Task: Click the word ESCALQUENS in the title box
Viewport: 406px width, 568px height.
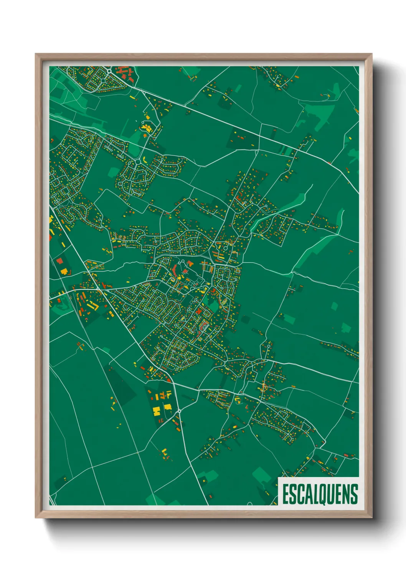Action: (320, 494)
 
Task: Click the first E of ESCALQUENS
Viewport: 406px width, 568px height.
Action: (286, 494)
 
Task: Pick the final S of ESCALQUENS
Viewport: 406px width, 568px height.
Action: (354, 494)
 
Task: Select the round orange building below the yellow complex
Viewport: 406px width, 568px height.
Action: (145, 135)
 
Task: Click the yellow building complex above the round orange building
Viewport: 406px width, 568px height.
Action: (146, 127)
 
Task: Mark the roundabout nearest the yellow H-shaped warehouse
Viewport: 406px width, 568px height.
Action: (179, 411)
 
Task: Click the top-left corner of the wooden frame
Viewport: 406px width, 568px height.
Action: (36, 54)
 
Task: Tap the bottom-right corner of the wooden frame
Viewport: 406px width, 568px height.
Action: (371, 518)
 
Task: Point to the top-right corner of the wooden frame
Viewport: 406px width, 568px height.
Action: (371, 54)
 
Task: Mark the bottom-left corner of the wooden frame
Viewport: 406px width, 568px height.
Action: (36, 518)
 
